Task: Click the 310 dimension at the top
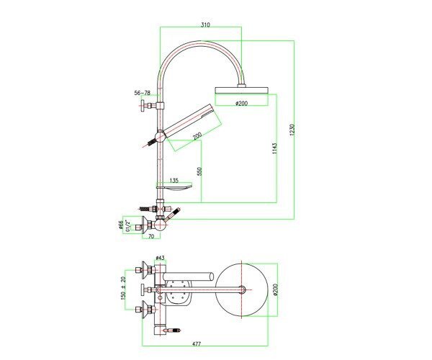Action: (x=205, y=24)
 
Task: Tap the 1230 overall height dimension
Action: (x=292, y=129)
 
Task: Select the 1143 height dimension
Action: (x=274, y=148)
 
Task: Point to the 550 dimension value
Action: (x=199, y=171)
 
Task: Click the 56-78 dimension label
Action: (x=142, y=93)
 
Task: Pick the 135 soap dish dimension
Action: (x=174, y=181)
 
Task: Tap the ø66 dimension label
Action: (x=120, y=225)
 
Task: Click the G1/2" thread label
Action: (x=127, y=225)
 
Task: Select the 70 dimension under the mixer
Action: (x=151, y=236)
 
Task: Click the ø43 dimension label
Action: (x=160, y=258)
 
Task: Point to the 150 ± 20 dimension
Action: (x=123, y=289)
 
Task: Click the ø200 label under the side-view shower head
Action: (x=242, y=103)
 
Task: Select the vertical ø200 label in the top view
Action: (x=276, y=289)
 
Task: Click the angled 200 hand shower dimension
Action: (x=197, y=135)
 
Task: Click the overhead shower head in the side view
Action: (x=241, y=90)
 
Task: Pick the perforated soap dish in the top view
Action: (x=176, y=292)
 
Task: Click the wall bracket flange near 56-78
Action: (x=143, y=106)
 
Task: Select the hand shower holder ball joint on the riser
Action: (x=160, y=136)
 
